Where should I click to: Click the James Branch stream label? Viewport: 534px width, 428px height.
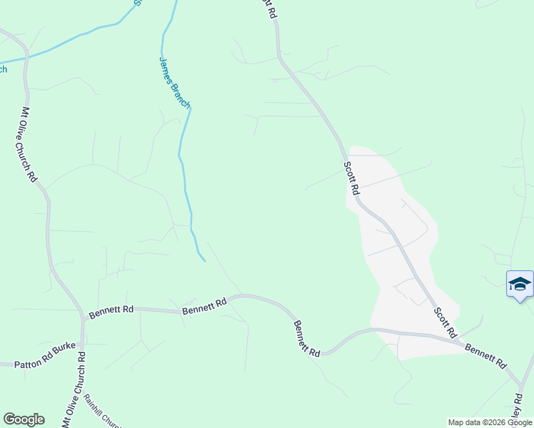coord(174,83)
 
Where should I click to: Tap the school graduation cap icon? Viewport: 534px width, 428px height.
coord(520,284)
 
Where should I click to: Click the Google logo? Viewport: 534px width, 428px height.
coord(24,419)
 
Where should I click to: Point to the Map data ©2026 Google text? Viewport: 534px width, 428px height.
coord(490,423)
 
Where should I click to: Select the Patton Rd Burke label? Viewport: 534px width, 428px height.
coord(44,365)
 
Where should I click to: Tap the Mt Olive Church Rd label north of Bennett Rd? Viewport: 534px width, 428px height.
coord(28,145)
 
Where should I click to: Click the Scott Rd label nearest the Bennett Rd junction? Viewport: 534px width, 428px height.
coord(445,322)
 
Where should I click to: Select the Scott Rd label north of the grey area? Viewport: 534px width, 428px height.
coord(351,178)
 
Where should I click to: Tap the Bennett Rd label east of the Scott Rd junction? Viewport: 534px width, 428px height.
coord(485,355)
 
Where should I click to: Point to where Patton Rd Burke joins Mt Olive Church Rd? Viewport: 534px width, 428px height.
coord(81,364)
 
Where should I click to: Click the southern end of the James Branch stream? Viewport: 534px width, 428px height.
coord(205,261)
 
